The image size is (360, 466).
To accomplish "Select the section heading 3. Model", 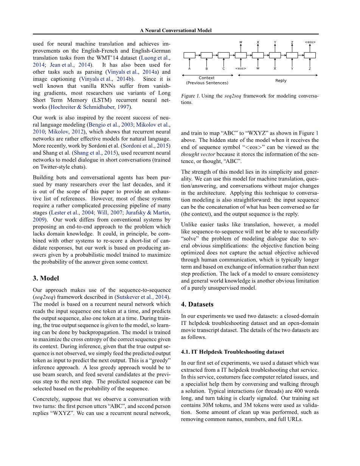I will [46, 278].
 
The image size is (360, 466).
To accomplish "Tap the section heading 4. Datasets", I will [197, 304].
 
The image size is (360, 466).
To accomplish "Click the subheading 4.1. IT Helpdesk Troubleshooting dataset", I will [233, 352].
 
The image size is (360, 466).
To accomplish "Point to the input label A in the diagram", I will [189, 68].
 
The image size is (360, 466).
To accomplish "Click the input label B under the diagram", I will [206, 68].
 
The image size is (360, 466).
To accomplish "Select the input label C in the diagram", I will [223, 68].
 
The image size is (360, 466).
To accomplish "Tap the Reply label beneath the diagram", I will [281, 81].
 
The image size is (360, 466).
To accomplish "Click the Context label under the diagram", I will [206, 78].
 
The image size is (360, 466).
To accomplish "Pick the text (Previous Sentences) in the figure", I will [207, 83].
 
